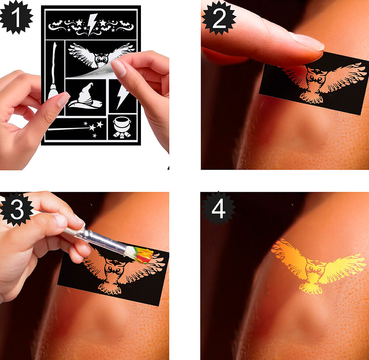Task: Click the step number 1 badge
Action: pyautogui.click(x=16, y=17)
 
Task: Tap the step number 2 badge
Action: pyautogui.click(x=219, y=18)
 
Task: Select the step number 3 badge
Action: pyautogui.click(x=17, y=209)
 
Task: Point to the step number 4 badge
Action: pyautogui.click(x=218, y=208)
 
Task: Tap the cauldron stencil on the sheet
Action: pyautogui.click(x=122, y=127)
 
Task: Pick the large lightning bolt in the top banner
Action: pyautogui.click(x=92, y=24)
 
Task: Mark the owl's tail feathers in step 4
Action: pyautogui.click(x=311, y=288)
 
